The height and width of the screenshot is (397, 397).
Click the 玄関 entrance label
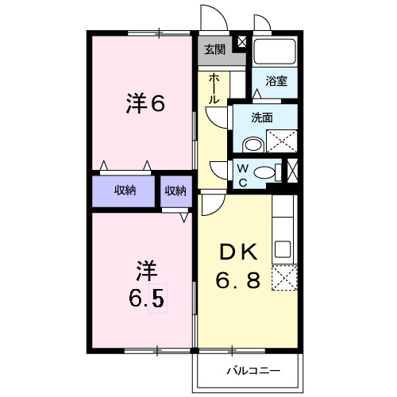coord(214,50)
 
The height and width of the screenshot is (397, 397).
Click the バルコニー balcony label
coord(252,371)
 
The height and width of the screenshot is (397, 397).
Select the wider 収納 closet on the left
coord(124,191)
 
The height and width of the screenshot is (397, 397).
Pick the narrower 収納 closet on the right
coord(175,191)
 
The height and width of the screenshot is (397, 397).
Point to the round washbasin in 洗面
coord(253,145)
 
